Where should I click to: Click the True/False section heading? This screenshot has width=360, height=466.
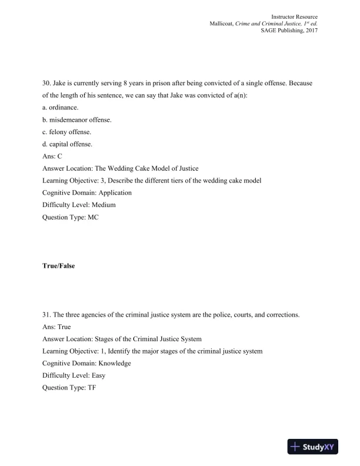tap(58, 266)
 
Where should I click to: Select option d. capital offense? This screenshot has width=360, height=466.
tap(68, 144)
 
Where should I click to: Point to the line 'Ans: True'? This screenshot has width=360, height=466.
tap(56, 327)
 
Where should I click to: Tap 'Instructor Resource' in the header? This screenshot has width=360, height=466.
tap(294, 15)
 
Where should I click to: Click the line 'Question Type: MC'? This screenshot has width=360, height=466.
tap(69, 217)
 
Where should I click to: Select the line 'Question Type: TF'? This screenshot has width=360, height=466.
tap(68, 388)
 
